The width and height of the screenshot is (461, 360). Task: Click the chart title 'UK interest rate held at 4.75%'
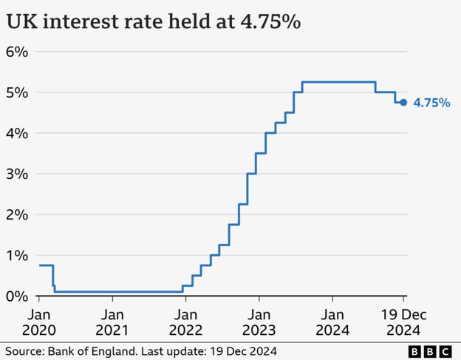(153, 22)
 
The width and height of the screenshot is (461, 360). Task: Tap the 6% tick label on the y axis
(17, 52)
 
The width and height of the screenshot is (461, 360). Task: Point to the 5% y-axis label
(17, 92)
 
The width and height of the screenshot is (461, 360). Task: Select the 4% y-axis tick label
(17, 133)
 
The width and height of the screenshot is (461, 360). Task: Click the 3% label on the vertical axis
(17, 174)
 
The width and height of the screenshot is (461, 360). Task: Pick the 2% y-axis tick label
(17, 214)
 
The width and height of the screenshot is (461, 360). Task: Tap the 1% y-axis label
(17, 255)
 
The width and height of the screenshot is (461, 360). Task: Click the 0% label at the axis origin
(17, 296)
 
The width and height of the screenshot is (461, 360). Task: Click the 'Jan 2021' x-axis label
(112, 322)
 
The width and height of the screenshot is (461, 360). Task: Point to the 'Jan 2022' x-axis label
(185, 322)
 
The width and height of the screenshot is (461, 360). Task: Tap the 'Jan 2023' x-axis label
(259, 322)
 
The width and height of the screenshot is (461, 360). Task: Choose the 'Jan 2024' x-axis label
(332, 322)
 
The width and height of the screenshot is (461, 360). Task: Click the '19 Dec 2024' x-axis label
(403, 322)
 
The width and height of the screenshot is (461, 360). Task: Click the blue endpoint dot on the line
(403, 103)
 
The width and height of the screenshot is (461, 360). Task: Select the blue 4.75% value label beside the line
(431, 103)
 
